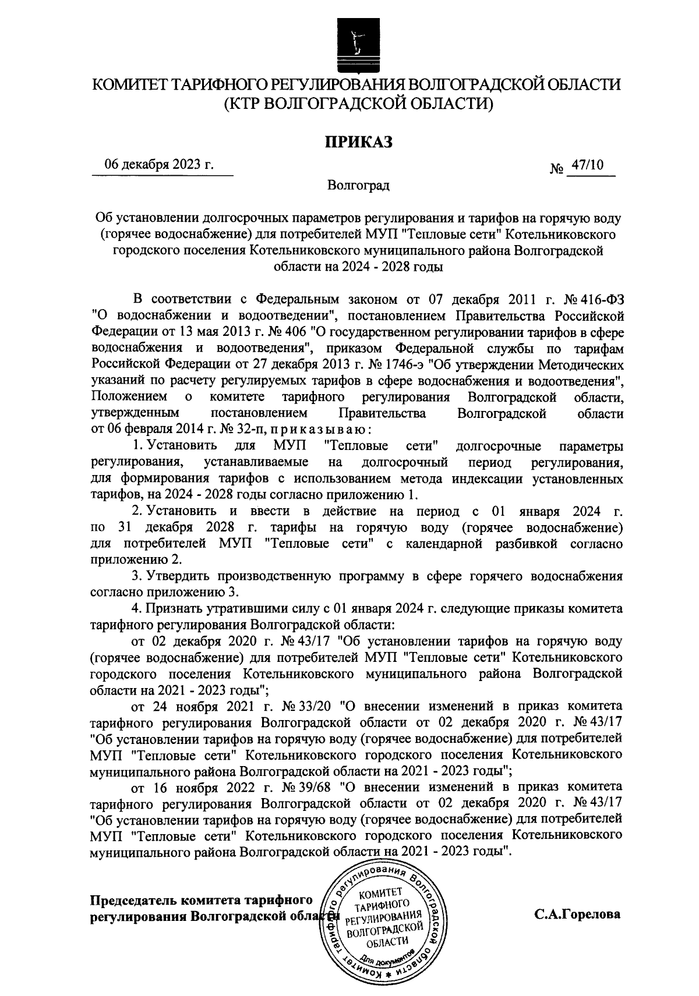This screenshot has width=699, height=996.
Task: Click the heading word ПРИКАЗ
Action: pyautogui.click(x=357, y=141)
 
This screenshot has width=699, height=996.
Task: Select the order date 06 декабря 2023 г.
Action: pyautogui.click(x=159, y=165)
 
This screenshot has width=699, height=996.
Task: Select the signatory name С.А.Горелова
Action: pyautogui.click(x=578, y=914)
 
